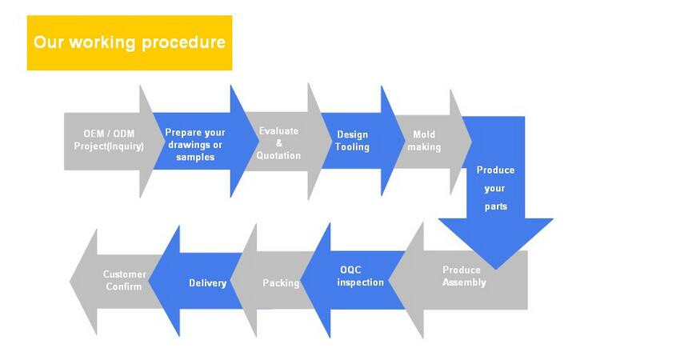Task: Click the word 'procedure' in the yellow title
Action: click(x=183, y=42)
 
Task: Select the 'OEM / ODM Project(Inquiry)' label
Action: click(x=109, y=139)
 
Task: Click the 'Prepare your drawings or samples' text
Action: click(x=195, y=144)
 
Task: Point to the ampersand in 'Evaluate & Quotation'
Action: click(x=279, y=143)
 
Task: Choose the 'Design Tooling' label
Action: click(x=352, y=140)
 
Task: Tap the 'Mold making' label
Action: click(x=424, y=140)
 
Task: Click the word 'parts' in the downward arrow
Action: click(x=496, y=206)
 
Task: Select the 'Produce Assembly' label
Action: click(x=464, y=276)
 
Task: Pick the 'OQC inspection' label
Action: click(x=360, y=276)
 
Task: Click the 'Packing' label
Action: click(x=281, y=282)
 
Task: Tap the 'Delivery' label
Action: click(x=207, y=282)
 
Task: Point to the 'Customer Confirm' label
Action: click(x=125, y=280)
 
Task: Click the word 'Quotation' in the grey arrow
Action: click(x=278, y=155)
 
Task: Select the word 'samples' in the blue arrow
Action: click(x=195, y=157)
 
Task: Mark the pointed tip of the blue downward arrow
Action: click(x=496, y=269)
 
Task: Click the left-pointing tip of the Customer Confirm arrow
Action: click(x=70, y=281)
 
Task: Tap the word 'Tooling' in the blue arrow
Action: click(x=352, y=147)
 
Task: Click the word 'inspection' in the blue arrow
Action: click(x=360, y=282)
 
